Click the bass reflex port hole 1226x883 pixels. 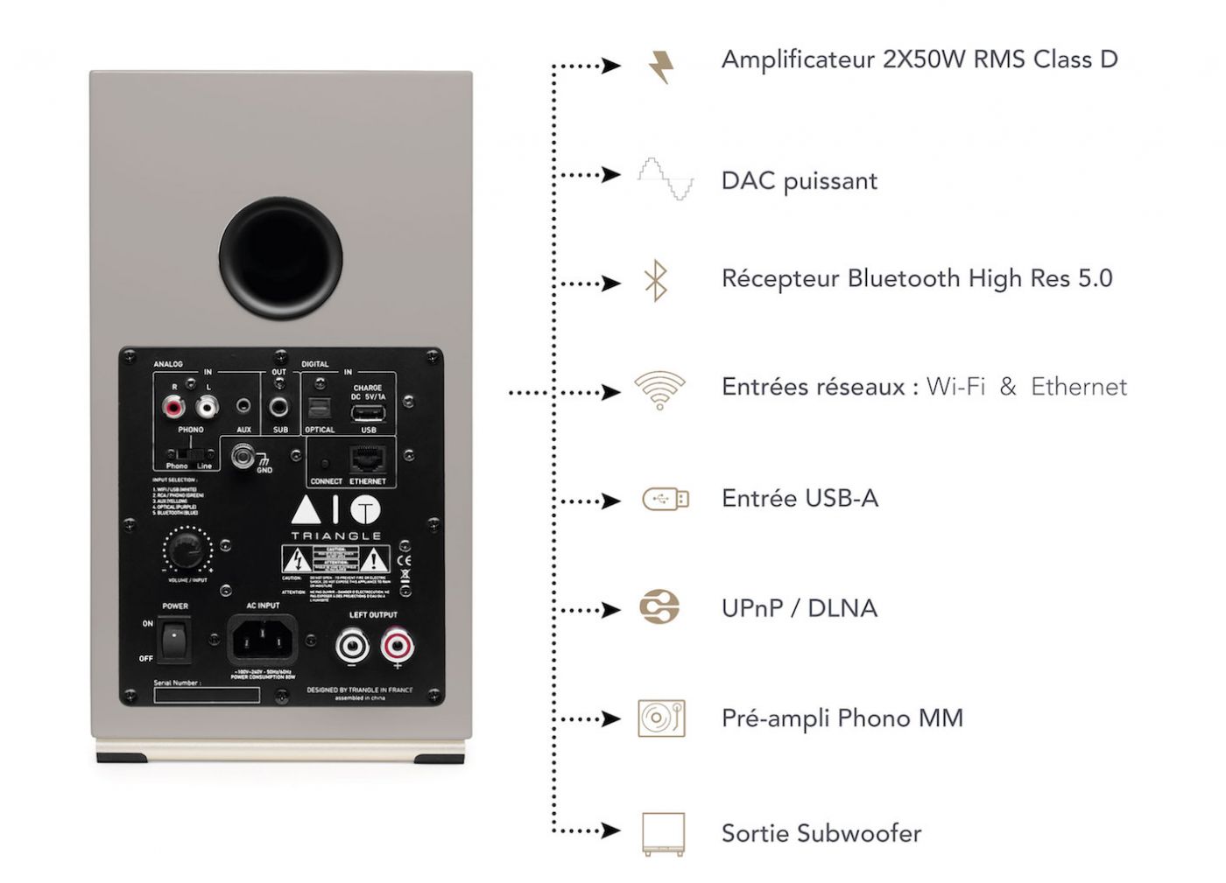pyautogui.click(x=280, y=259)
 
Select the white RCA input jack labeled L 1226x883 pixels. pyautogui.click(x=208, y=406)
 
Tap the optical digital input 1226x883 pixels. pyautogui.click(x=319, y=410)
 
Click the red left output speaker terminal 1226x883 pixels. pyautogui.click(x=397, y=647)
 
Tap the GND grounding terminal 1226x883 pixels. pyautogui.click(x=243, y=456)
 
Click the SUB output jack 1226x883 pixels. pyautogui.click(x=279, y=407)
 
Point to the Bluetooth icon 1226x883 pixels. pyautogui.click(x=656, y=280)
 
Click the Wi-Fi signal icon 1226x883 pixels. pyautogui.click(x=659, y=390)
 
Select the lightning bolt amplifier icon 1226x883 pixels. pyautogui.click(x=662, y=67)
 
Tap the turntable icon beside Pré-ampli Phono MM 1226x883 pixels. pyautogui.click(x=661, y=718)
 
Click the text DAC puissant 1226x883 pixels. pyautogui.click(x=799, y=181)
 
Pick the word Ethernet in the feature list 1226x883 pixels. pyautogui.click(x=1078, y=387)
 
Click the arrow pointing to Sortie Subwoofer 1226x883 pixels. pyautogui.click(x=610, y=830)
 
